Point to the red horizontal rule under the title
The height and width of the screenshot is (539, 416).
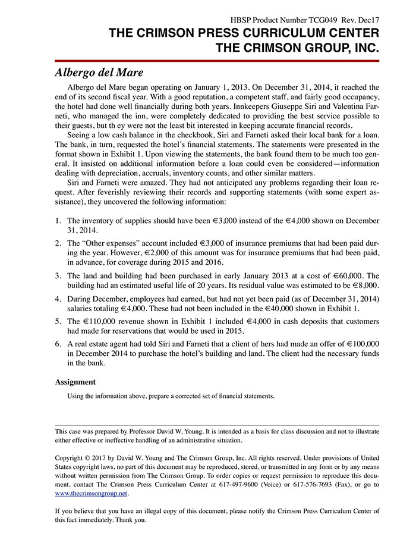217,60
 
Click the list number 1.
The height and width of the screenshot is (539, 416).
58,221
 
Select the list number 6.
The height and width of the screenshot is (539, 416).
58,344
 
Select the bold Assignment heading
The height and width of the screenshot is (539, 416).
75,382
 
